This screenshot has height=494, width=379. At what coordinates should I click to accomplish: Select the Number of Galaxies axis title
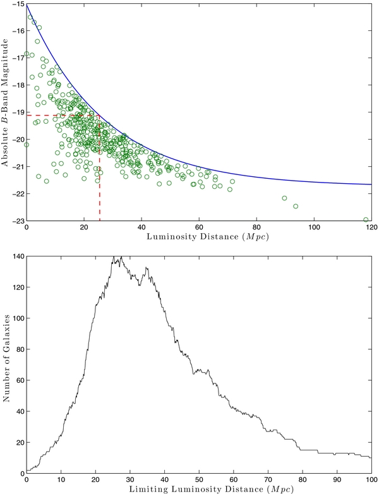[6, 358]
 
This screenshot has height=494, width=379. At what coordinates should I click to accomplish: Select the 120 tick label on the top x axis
[372, 227]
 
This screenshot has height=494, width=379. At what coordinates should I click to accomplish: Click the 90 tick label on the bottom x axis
[337, 480]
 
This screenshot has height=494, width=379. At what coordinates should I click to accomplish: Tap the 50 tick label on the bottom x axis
[199, 480]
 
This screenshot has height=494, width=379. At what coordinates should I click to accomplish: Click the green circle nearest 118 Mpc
[366, 220]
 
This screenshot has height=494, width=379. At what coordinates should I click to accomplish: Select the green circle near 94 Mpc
[296, 207]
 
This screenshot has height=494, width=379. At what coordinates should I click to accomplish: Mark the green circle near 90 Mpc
[284, 198]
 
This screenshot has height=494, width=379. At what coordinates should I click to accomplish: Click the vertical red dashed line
[100, 168]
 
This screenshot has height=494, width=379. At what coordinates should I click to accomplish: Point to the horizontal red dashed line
[63, 116]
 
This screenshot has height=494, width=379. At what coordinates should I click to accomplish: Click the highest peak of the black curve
[114, 256]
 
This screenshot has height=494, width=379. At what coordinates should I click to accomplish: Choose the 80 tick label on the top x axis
[256, 227]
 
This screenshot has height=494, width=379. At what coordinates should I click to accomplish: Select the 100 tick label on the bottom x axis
[371, 480]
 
